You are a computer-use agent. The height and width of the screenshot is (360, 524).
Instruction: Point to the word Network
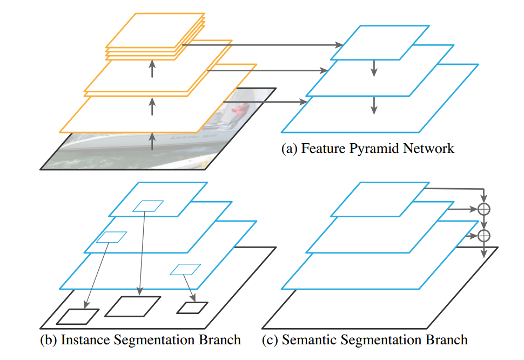coord(428,148)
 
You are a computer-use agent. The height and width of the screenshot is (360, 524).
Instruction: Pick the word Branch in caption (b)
coord(219,339)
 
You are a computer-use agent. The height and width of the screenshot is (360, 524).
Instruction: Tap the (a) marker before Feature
coord(290,149)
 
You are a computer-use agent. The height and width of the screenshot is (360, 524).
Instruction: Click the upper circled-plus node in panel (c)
coord(484,209)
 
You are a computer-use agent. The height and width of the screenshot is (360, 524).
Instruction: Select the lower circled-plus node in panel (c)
coord(484,236)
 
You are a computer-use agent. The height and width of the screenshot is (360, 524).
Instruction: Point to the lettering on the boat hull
coord(193,137)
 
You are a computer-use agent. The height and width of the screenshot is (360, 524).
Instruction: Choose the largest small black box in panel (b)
coord(133,306)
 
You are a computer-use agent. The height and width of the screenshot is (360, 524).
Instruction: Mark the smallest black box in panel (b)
coord(192,308)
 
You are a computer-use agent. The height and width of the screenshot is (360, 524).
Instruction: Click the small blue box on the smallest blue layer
coord(148,206)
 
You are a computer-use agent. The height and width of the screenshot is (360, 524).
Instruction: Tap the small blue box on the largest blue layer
coord(185,269)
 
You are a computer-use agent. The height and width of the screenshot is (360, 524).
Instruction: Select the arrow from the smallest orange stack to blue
coord(263,45)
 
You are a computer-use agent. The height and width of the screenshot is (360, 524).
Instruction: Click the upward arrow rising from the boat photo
coord(152,141)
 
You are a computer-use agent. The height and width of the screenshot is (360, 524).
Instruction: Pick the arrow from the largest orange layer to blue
coord(265,102)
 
